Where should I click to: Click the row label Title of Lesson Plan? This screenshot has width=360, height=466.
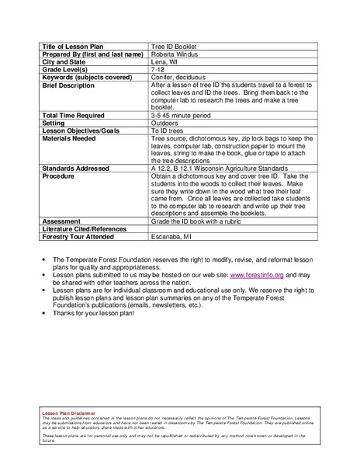pyautogui.click(x=75, y=46)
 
